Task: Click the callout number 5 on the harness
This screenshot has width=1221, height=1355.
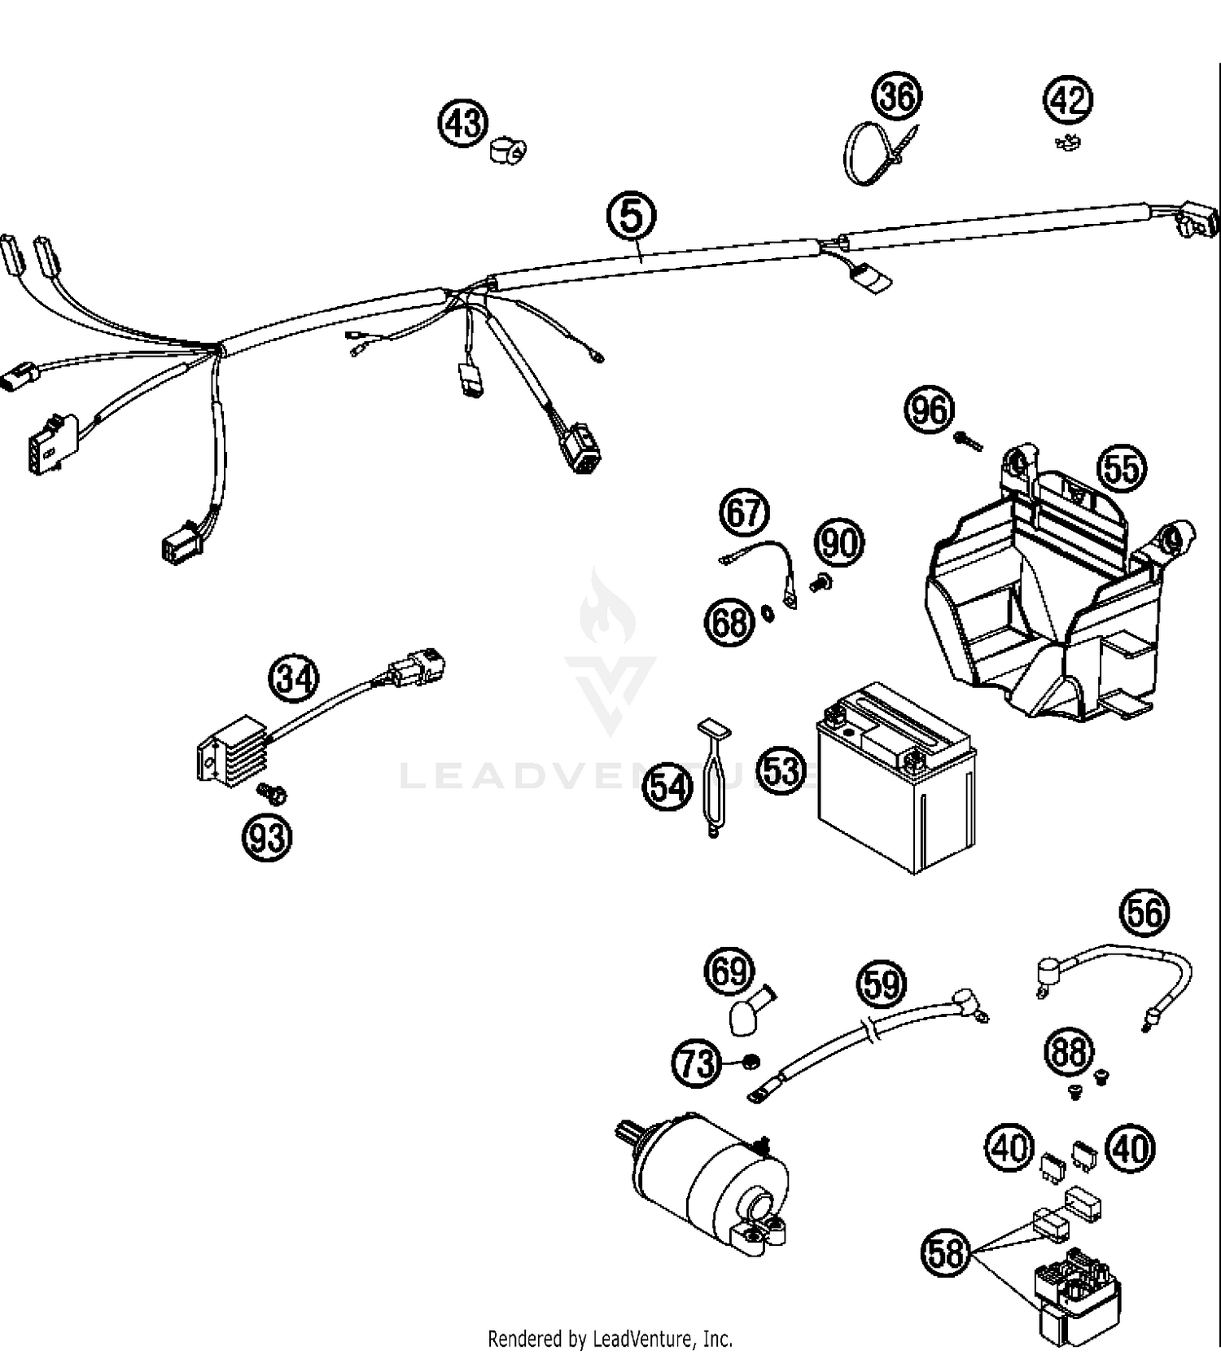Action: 632,216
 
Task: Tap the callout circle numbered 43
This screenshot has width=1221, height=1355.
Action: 464,124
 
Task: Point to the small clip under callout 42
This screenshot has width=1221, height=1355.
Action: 1066,144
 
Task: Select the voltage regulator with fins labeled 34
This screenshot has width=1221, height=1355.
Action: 233,750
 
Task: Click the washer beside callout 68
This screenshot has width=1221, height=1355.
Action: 767,612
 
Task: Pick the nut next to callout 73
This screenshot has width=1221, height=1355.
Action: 751,1060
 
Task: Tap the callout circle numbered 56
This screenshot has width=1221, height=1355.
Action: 1145,912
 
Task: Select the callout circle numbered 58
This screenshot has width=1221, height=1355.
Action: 947,1253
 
